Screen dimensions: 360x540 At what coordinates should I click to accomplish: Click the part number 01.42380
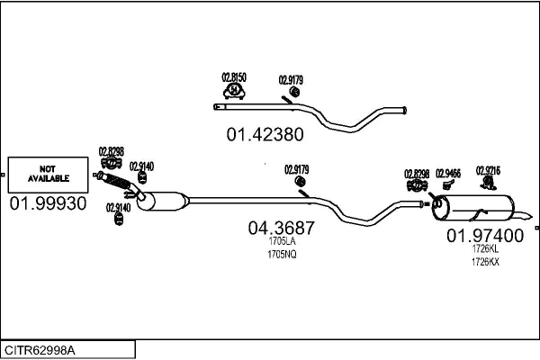pyautogui.click(x=264, y=135)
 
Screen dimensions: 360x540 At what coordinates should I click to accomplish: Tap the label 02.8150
pyautogui.click(x=234, y=77)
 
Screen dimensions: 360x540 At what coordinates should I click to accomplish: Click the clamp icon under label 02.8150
pyautogui.click(x=234, y=91)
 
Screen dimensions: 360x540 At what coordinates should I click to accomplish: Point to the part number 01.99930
pyautogui.click(x=48, y=203)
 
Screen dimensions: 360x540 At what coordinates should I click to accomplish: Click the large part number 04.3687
pyautogui.click(x=281, y=229)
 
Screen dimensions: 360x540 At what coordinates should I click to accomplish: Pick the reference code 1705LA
pyautogui.click(x=281, y=242)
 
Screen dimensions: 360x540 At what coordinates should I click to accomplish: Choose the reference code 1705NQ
pyautogui.click(x=281, y=255)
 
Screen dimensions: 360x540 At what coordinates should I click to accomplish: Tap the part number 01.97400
pyautogui.click(x=485, y=236)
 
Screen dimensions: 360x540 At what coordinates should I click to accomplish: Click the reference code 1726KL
pyautogui.click(x=485, y=249)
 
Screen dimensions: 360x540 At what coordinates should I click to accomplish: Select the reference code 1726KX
pyautogui.click(x=485, y=262)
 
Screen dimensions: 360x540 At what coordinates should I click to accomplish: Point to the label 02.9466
pyautogui.click(x=447, y=173)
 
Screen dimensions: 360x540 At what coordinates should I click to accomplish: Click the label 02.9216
pyautogui.click(x=487, y=171)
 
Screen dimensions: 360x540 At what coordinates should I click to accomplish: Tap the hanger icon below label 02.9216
pyautogui.click(x=487, y=184)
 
